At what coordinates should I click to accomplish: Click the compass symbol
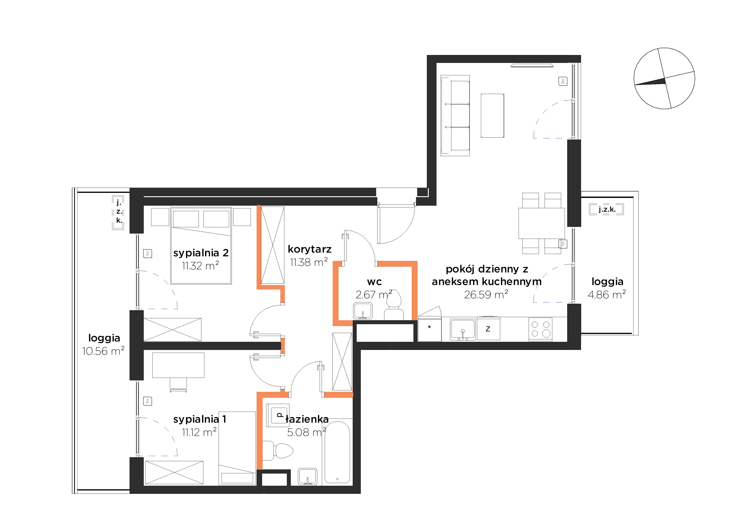coord(664,78)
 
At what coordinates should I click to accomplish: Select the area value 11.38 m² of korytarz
coord(309,262)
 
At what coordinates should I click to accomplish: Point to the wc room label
coord(374,282)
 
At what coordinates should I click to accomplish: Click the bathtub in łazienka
coord(337,452)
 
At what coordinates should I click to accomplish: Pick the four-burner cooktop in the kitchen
coord(540,329)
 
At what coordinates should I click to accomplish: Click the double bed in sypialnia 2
coord(201,246)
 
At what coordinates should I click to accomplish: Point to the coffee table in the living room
coord(492,116)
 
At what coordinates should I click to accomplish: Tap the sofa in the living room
coord(455,116)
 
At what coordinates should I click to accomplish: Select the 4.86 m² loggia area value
coord(607,294)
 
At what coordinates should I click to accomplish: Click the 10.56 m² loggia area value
coord(103,351)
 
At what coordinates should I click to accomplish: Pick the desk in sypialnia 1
coord(178,365)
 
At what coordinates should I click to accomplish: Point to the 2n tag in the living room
coord(563,81)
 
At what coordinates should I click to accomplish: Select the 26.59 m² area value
coord(486,294)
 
